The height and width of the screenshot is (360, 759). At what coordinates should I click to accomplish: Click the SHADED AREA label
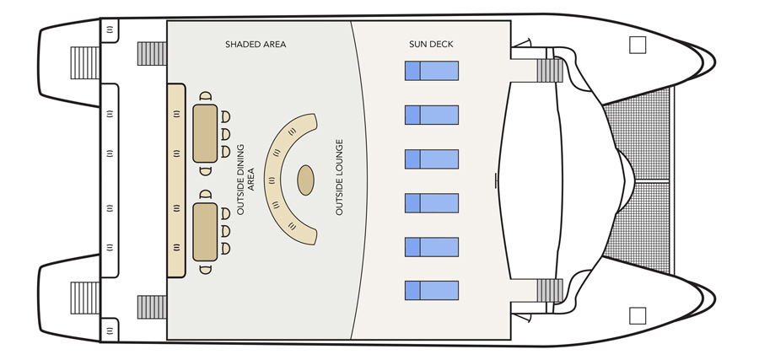coord(256,44)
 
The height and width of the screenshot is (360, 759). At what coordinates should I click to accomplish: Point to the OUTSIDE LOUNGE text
coord(340,177)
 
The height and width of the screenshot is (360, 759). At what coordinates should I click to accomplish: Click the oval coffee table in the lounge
coord(305,180)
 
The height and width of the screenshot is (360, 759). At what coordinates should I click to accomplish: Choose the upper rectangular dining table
coord(206,133)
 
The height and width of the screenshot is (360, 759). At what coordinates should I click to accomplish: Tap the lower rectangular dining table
coord(206,230)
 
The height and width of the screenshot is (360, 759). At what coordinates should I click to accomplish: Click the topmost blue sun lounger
coord(431,71)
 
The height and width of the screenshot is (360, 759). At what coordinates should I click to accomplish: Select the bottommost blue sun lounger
coord(431,291)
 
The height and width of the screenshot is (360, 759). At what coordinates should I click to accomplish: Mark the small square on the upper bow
coord(638,46)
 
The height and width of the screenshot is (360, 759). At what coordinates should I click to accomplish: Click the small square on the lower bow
coord(638,315)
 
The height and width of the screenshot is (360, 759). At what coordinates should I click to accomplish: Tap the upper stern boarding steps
coord(84,62)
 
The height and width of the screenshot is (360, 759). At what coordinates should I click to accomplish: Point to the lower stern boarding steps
coord(84,298)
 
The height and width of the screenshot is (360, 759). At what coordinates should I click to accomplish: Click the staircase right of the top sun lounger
coord(549,69)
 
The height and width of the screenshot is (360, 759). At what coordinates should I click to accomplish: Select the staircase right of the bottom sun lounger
coord(549,291)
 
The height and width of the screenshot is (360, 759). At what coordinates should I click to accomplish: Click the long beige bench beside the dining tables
coord(175,180)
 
